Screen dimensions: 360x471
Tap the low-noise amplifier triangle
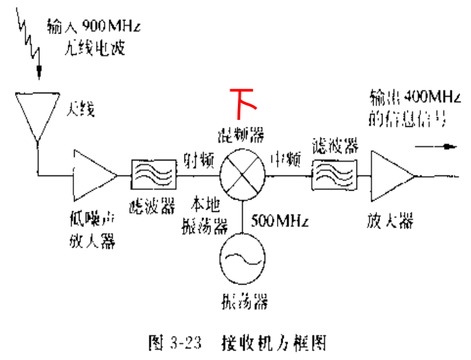91,173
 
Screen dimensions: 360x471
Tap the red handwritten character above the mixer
243,100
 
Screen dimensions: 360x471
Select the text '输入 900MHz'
93,28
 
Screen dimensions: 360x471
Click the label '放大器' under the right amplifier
389,221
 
